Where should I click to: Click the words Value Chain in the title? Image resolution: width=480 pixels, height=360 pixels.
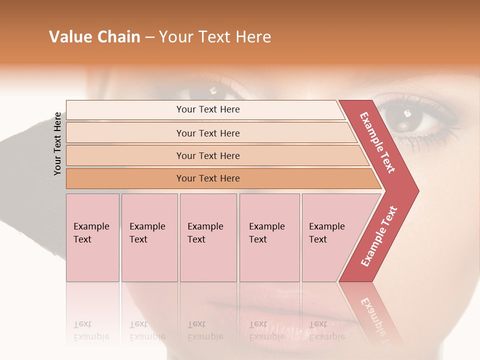point(94,37)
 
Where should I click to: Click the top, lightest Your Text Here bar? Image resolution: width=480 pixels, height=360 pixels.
point(207,109)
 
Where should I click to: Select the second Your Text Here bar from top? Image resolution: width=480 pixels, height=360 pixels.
point(207,133)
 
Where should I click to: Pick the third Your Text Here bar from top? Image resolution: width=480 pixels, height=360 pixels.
point(207,155)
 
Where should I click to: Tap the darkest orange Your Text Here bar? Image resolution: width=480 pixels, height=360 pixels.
point(207,178)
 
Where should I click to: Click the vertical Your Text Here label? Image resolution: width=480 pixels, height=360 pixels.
point(57,143)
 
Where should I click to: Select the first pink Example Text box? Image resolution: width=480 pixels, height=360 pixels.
point(92,237)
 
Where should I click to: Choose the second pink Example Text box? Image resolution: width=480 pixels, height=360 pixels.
point(149,237)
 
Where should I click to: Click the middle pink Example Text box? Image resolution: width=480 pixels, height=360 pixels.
point(208,237)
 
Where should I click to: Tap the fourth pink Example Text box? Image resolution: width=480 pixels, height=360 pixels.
point(269,237)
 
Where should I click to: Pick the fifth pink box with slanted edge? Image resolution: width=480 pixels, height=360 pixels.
point(330,237)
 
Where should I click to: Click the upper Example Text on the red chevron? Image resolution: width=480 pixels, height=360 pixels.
point(377,142)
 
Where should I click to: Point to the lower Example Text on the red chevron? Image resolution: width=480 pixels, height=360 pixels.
point(378,236)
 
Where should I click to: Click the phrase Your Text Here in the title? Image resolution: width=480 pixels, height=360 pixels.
point(215,37)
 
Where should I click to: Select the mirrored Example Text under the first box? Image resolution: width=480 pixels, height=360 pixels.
point(91,330)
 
